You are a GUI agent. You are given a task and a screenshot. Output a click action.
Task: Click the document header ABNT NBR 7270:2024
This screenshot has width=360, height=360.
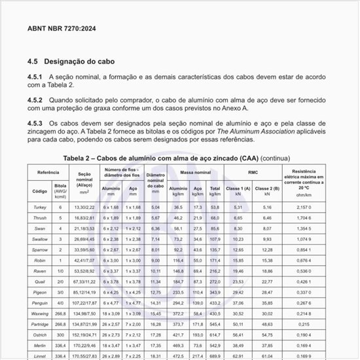click(60, 29)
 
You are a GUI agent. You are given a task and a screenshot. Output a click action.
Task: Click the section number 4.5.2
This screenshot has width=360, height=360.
click(37, 100)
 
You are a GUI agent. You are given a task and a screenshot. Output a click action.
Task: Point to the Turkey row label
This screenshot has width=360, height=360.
click(39, 207)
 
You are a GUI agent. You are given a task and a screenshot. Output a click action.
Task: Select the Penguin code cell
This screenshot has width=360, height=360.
click(39, 303)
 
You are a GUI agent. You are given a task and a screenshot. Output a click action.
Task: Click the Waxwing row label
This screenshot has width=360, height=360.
click(39, 314)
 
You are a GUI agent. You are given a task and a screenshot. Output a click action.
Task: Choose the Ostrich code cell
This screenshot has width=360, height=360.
click(39, 335)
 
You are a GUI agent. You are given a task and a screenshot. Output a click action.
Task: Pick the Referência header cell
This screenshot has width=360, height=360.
click(48, 171)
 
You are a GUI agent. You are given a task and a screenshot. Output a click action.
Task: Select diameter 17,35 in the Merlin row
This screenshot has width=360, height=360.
click(155, 346)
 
